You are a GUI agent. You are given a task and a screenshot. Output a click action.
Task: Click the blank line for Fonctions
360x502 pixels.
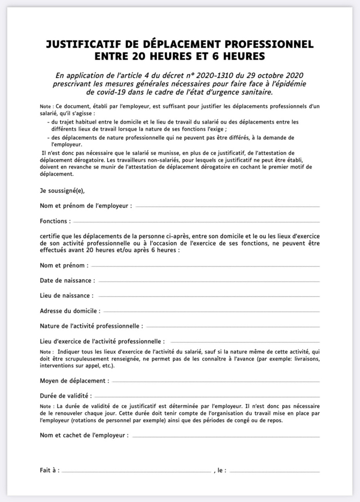196,222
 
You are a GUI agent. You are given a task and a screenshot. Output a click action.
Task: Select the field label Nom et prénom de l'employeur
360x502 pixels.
86,206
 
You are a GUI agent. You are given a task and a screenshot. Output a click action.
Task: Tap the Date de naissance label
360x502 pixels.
67,280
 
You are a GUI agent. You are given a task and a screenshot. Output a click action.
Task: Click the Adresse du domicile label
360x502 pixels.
70,311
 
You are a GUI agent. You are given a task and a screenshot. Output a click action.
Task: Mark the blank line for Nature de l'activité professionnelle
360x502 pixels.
233,326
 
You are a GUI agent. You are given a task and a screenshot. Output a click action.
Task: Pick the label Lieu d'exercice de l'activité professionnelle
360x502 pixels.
102,341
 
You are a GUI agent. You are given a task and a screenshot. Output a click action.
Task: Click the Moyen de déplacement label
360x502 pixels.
75,381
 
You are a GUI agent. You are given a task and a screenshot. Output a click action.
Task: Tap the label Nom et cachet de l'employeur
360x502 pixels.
84,435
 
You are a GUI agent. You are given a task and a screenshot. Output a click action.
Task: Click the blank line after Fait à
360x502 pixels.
136,471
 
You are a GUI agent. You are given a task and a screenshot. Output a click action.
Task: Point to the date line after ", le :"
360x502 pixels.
274,471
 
